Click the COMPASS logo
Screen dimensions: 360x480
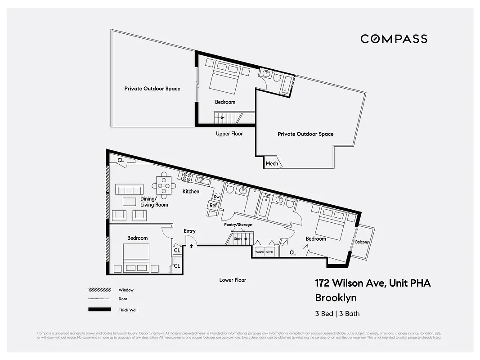pyautogui.click(x=394, y=39)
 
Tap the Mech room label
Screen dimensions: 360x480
pyautogui.click(x=272, y=163)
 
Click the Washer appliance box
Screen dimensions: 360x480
pyautogui.click(x=260, y=252)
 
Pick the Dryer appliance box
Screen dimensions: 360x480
pyautogui.click(x=269, y=252)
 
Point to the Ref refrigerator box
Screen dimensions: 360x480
pyautogui.click(x=213, y=206)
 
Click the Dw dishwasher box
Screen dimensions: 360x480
pyautogui.click(x=216, y=197)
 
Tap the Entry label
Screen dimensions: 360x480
pyautogui.click(x=189, y=231)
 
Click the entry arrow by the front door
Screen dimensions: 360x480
pyautogui.click(x=191, y=246)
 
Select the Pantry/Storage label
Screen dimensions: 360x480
pyautogui.click(x=238, y=225)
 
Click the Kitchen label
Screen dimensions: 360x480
pyautogui.click(x=191, y=192)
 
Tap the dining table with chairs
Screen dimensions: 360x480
pyautogui.click(x=163, y=184)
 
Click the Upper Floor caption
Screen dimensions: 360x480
pyautogui.click(x=229, y=134)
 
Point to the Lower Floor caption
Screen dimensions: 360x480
pyautogui.click(x=233, y=280)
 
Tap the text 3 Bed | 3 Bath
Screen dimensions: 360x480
pyautogui.click(x=337, y=314)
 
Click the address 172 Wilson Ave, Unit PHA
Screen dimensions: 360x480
pyautogui.click(x=372, y=283)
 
